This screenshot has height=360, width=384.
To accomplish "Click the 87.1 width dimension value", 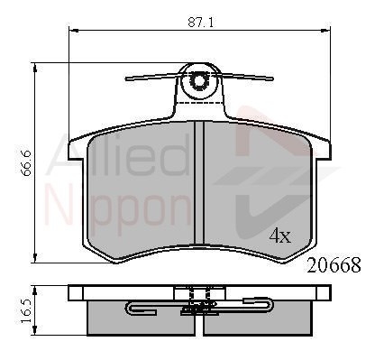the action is [x=201, y=23].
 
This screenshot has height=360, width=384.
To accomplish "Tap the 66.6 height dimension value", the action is [x=26, y=163].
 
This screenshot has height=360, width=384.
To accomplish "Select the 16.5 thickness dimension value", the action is [x=25, y=311].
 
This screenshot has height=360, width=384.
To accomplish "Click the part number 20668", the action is [x=334, y=265].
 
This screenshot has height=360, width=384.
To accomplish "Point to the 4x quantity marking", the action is [x=280, y=235].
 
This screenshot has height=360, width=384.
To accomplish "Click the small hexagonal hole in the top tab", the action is [x=198, y=80].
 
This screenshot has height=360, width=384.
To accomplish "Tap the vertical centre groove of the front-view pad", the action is [x=199, y=182].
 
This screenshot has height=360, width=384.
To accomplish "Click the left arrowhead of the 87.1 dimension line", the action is [x=74, y=30].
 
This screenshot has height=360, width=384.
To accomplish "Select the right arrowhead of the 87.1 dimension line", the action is [x=325, y=30].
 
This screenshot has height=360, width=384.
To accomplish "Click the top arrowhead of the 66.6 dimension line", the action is [x=35, y=68].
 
